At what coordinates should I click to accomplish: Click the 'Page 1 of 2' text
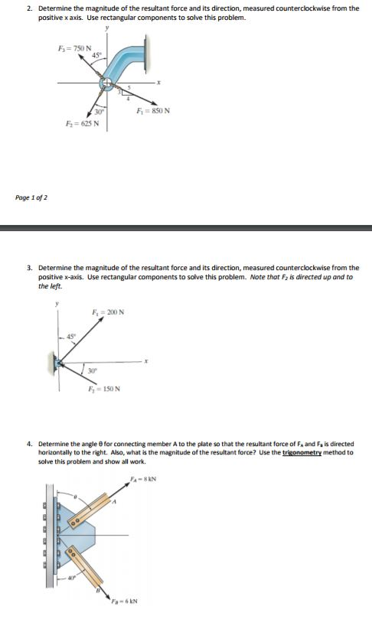click(31, 197)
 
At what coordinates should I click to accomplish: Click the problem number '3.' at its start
click(29, 268)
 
